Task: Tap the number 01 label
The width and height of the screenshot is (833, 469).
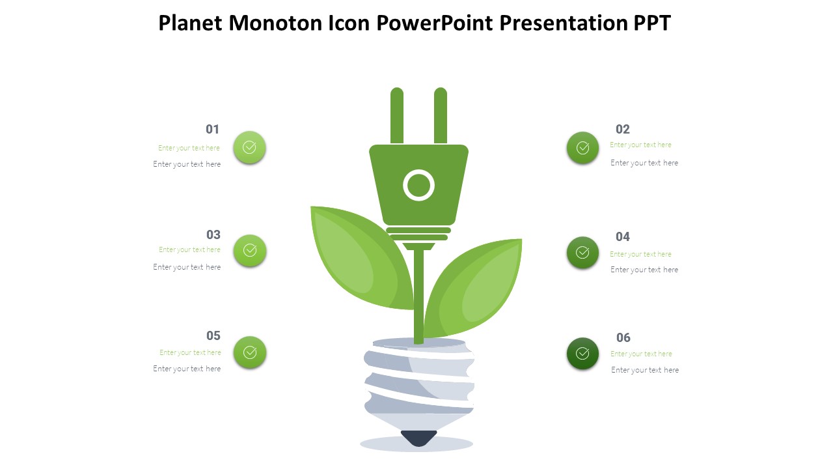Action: point(213,129)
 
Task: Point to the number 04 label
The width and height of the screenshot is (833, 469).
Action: point(623,236)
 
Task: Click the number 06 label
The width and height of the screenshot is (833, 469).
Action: point(623,337)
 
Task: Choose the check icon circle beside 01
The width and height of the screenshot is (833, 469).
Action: point(249,147)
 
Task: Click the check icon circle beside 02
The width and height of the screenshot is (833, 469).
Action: point(582,148)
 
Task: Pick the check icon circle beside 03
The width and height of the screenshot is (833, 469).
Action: point(249,250)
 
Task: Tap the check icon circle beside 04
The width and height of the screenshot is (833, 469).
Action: point(582,253)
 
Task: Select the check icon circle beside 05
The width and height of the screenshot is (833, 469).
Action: point(249,352)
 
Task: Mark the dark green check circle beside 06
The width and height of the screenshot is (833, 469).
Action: point(582,354)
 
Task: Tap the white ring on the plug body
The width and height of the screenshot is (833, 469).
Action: point(418,186)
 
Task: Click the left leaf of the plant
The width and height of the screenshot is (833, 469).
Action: point(358,257)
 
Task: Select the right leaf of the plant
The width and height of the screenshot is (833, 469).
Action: point(475,287)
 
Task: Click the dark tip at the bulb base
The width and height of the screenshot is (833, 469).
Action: point(418,438)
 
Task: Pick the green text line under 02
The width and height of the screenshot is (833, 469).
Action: point(640,145)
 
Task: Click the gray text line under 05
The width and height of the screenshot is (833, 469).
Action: point(187,369)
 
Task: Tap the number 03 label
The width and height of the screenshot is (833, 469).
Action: point(213,234)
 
